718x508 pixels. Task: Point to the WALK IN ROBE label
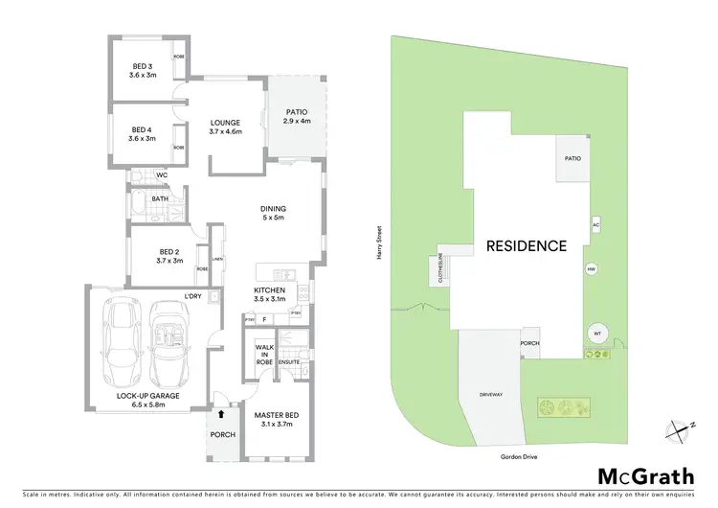263,356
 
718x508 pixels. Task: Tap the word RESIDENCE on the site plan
527,245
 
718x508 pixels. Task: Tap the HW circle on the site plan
591,269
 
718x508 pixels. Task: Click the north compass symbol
681,430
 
